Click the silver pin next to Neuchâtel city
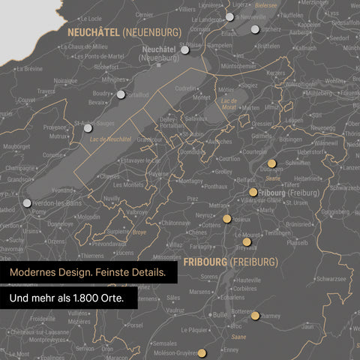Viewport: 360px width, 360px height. [x=184, y=49]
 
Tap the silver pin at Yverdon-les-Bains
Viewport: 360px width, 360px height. [x=28, y=202]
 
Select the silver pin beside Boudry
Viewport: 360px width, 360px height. [x=121, y=94]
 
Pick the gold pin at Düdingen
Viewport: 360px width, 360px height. [x=271, y=163]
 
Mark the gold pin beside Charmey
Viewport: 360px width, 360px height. [x=256, y=316]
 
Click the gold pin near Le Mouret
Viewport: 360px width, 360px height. [x=247, y=241]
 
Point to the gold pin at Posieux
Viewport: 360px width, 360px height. [x=226, y=219]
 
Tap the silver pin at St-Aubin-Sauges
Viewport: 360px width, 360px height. [x=88, y=128]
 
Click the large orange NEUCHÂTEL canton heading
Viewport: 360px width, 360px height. [x=93, y=32]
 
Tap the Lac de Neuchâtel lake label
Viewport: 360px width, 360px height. [x=110, y=139]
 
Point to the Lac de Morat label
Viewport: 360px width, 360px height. [x=229, y=103]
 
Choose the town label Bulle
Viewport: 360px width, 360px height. [x=219, y=315]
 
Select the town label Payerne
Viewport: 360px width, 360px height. [x=158, y=173]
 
